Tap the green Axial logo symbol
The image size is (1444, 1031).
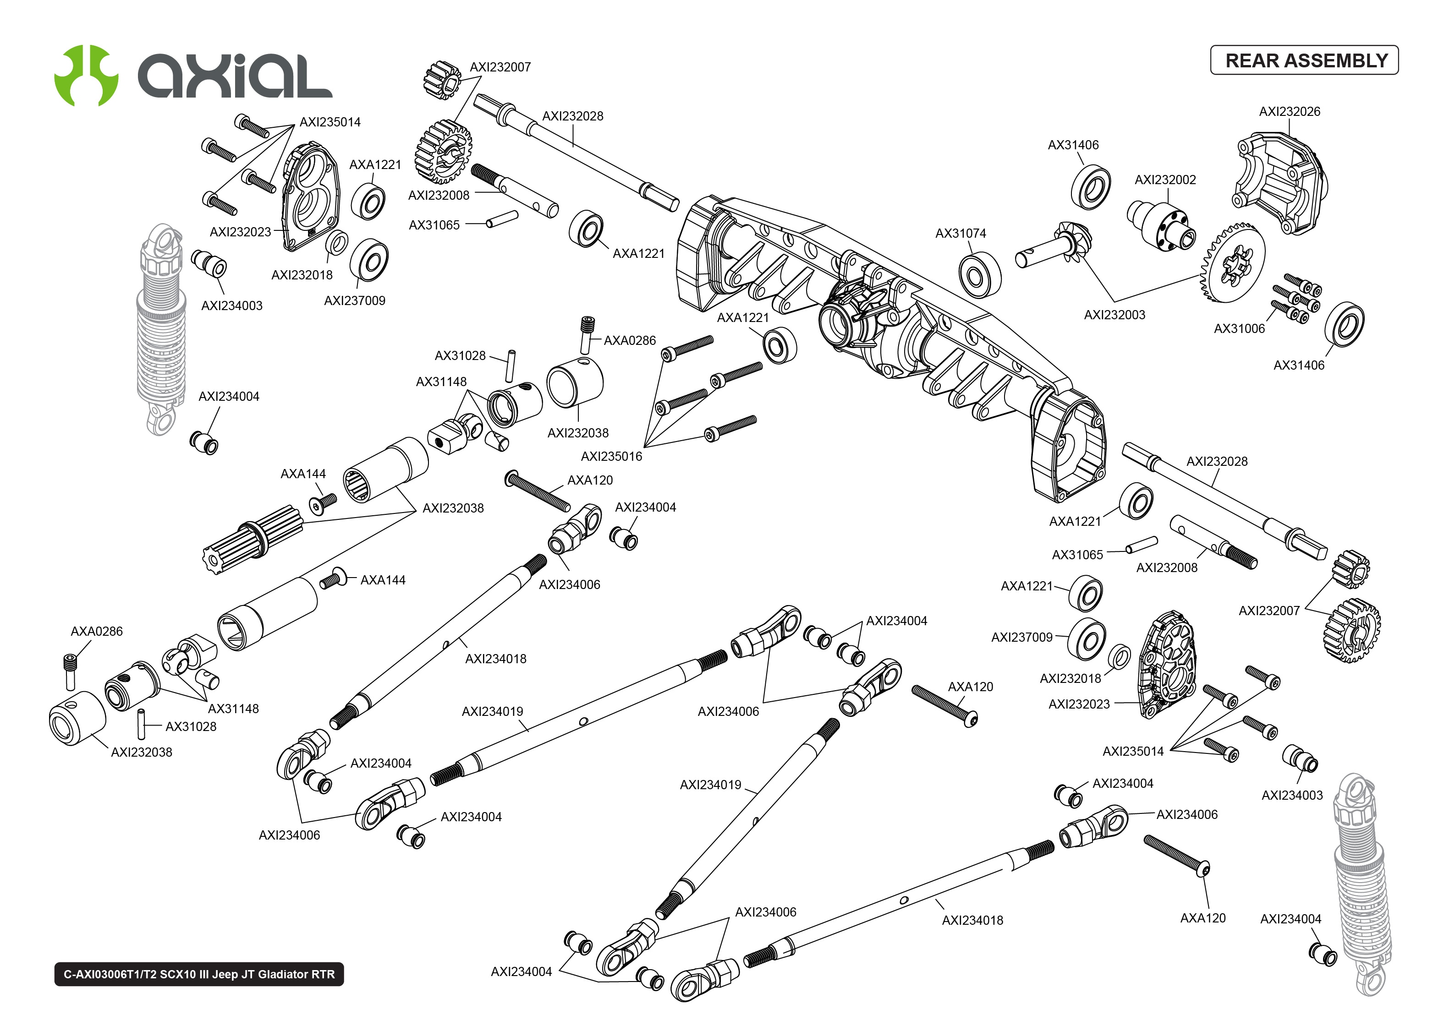click(86, 75)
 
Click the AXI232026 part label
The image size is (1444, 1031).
click(1289, 112)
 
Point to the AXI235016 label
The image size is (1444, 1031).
click(611, 457)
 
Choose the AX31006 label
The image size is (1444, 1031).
click(1239, 329)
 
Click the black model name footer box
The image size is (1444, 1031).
click(199, 974)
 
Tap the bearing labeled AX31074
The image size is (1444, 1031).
click(979, 275)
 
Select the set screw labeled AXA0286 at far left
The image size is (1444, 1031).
click(71, 671)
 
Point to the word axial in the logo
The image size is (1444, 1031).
click(235, 76)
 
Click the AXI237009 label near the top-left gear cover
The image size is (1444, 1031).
click(354, 301)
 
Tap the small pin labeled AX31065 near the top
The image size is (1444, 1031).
click(502, 219)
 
